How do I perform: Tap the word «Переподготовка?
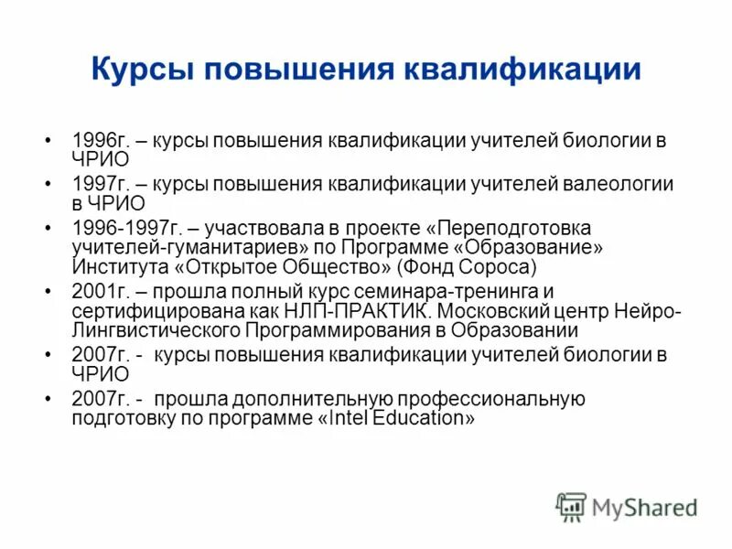tap(513, 227)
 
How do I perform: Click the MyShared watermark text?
tap(644, 507)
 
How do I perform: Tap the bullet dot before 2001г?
tap(48, 291)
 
